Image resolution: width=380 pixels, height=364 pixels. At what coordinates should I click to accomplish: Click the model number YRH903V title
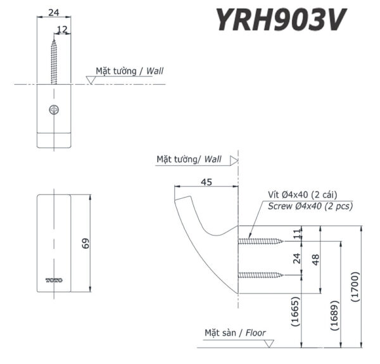(281, 20)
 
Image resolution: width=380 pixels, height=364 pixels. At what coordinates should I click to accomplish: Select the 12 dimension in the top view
(63, 29)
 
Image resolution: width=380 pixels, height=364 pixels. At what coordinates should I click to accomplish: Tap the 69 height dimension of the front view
(86, 243)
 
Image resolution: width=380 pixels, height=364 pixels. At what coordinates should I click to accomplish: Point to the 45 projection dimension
(206, 182)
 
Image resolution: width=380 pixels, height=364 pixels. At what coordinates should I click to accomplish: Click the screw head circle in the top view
(54, 110)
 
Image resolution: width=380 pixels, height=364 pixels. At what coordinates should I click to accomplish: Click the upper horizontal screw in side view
(260, 241)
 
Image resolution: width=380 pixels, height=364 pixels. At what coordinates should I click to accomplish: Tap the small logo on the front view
(53, 279)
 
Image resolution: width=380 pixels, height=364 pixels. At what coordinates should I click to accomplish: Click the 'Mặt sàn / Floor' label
(235, 332)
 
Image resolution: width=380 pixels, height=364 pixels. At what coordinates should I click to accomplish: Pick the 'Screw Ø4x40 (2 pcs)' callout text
(310, 206)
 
